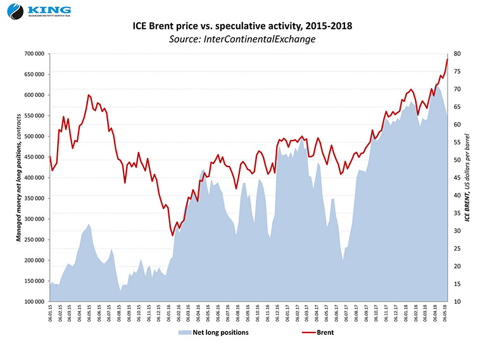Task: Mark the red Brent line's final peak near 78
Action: tap(448, 59)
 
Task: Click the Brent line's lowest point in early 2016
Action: tap(173, 235)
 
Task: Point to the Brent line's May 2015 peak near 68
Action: tap(88, 95)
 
